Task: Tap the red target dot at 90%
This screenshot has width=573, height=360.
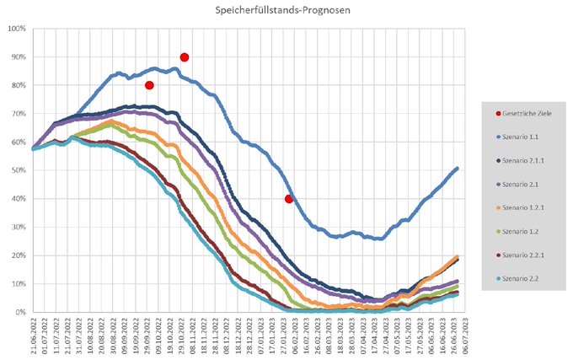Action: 185,57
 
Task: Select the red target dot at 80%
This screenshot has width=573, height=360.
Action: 149,85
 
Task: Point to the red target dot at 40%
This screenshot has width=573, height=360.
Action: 289,199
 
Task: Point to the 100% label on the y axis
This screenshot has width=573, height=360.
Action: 17,29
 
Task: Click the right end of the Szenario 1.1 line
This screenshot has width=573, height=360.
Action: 458,169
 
